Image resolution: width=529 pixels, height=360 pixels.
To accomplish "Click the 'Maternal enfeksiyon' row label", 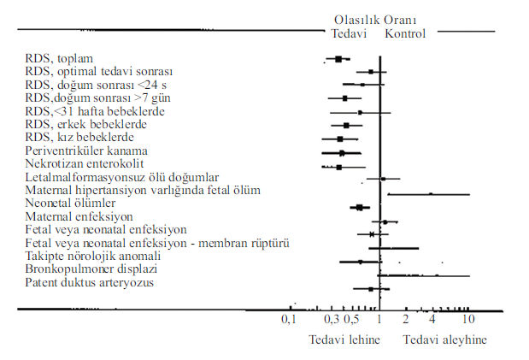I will point(78,216).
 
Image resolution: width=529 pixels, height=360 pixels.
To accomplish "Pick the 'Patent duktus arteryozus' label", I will point(89,282).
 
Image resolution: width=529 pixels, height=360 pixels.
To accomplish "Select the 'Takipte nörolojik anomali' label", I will point(93,256).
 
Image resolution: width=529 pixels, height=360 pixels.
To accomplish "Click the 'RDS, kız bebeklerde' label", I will point(79,137).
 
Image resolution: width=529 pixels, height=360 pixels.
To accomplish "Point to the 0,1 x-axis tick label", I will point(288,319).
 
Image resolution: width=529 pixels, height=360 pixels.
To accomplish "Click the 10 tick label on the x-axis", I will point(468,319).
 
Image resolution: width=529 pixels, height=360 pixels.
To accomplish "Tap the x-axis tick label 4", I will point(432,319).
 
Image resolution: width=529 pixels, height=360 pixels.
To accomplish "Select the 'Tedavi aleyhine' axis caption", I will point(444,339).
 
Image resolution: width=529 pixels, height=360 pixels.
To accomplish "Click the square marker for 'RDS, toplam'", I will point(338,59).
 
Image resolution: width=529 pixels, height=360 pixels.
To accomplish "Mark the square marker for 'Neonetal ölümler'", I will point(360,207).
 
